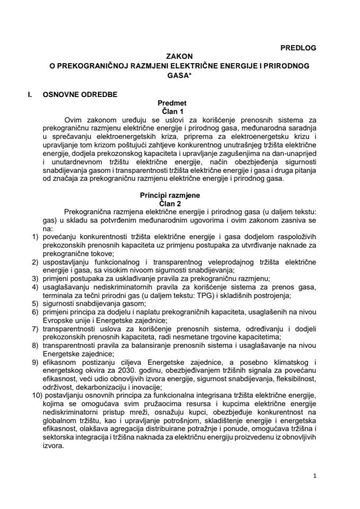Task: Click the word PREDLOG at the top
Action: tap(297, 48)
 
